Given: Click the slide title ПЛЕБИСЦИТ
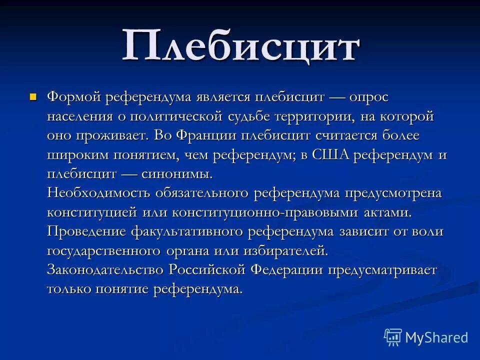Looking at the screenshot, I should coord(240,46).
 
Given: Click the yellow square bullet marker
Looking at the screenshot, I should coord(33,96).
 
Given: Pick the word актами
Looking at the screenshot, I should coord(387,212).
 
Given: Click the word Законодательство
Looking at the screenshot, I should coord(105,270).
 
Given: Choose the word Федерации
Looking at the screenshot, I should coord(287,270).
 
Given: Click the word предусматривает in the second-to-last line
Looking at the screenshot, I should coord(382,270).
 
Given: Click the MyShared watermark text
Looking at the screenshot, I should coord(436,337).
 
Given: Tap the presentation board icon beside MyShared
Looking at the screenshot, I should coord(392,337).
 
